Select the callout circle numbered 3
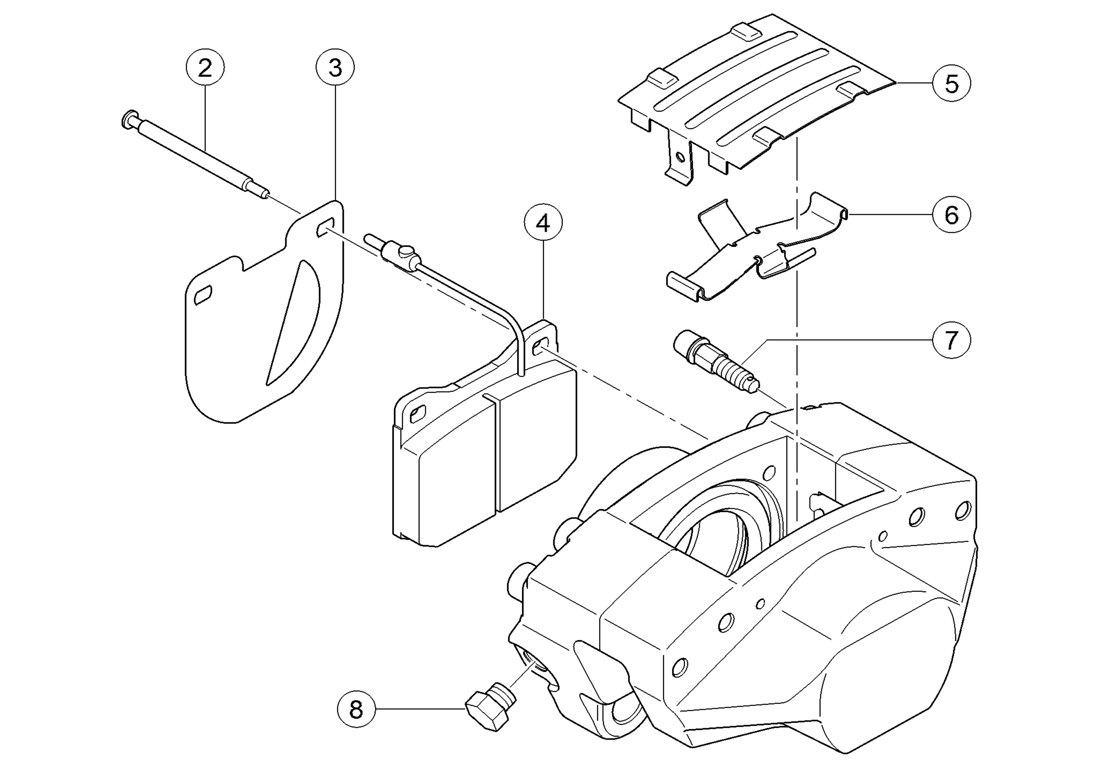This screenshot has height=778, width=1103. (x=335, y=67)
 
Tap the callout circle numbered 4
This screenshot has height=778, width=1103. (x=543, y=223)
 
